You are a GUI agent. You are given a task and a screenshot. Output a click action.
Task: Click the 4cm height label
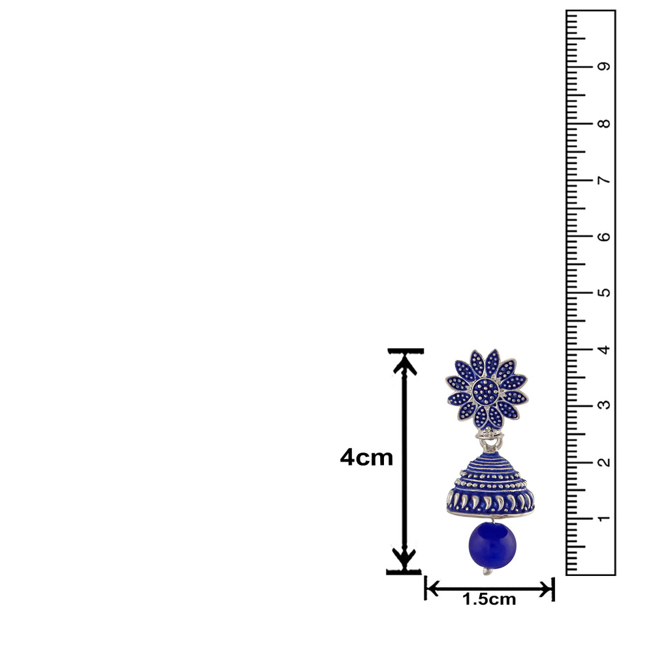[366, 458]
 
